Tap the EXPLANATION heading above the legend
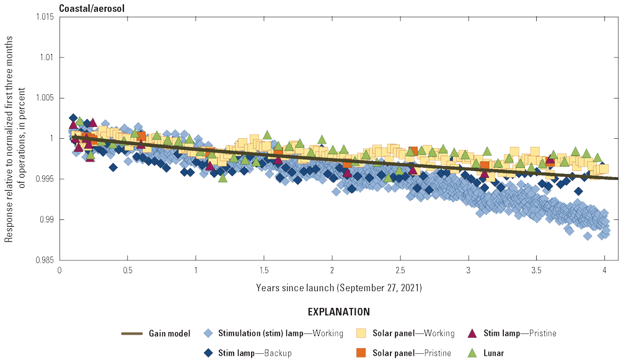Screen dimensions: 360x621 tap(338, 312)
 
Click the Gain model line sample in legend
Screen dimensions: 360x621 tap(131, 333)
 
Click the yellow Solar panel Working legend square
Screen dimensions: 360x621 tap(361, 333)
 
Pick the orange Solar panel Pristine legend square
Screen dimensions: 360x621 tap(361, 353)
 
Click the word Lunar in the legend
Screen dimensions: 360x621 tap(494, 353)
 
